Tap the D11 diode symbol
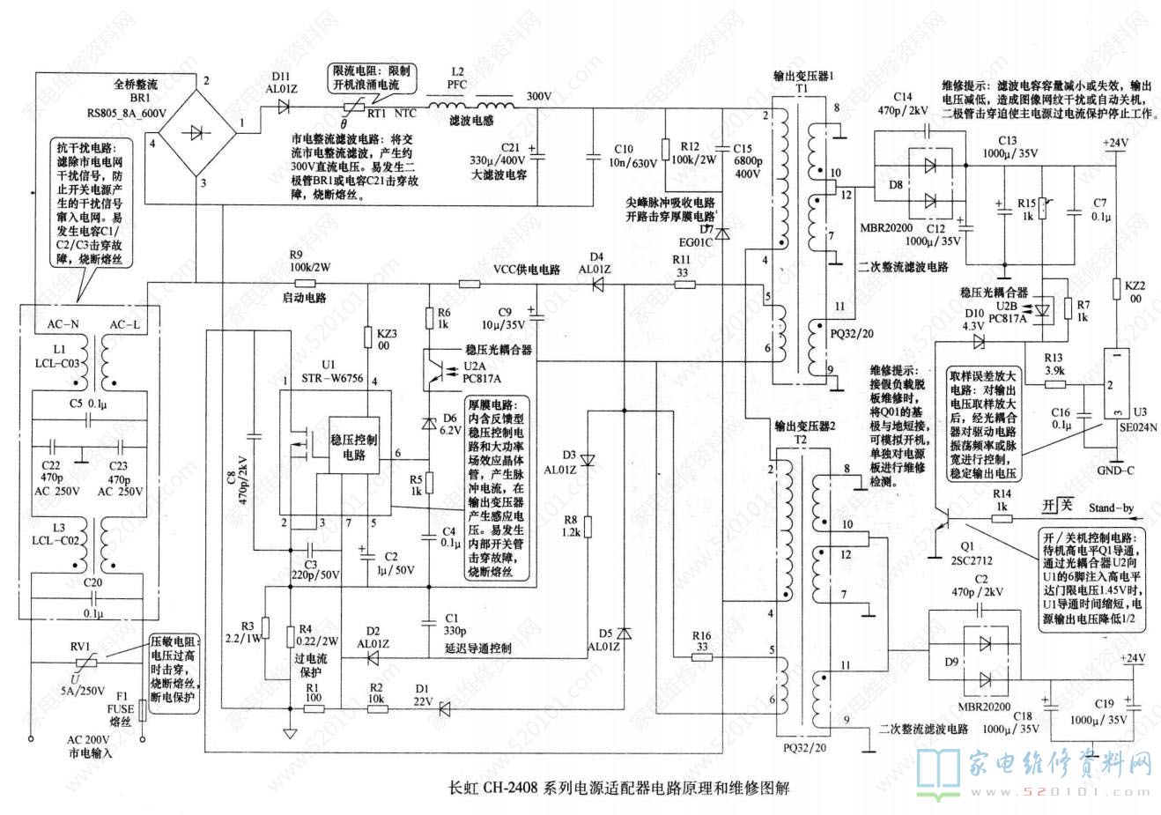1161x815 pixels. point(284,107)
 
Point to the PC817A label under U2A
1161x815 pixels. point(483,379)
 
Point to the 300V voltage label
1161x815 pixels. point(538,96)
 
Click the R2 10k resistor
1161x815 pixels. point(376,707)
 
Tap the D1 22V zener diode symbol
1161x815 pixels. point(445,707)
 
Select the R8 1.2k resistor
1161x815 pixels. point(588,527)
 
